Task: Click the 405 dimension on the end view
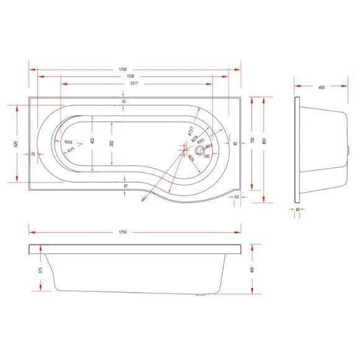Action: (x=322, y=87)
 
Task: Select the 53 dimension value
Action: (x=238, y=196)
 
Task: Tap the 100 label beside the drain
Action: (x=207, y=156)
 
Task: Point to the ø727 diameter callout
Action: (x=190, y=130)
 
